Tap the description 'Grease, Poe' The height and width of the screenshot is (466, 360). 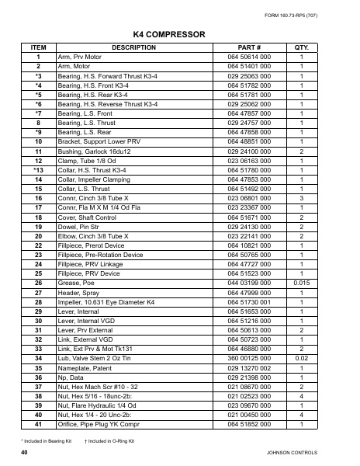(76, 283)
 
